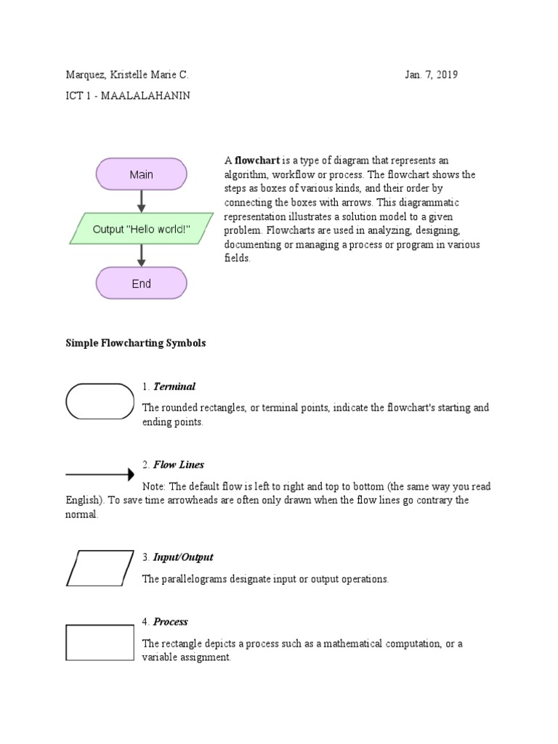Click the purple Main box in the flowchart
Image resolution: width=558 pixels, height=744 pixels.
142,174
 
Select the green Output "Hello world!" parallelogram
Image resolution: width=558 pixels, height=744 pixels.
142,229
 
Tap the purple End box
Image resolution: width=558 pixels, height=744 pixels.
142,284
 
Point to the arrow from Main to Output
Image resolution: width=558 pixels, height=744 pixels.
142,201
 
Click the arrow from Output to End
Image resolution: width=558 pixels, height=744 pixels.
142,256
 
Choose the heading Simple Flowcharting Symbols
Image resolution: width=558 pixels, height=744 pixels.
136,343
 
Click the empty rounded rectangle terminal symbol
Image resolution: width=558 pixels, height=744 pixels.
100,402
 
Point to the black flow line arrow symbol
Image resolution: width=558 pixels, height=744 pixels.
100,474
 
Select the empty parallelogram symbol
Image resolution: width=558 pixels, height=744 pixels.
100,567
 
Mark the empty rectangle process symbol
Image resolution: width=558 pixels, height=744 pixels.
100,643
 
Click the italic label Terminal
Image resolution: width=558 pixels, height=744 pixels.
174,387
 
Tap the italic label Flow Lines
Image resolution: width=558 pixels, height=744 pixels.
179,465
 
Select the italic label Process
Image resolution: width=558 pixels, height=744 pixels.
171,622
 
